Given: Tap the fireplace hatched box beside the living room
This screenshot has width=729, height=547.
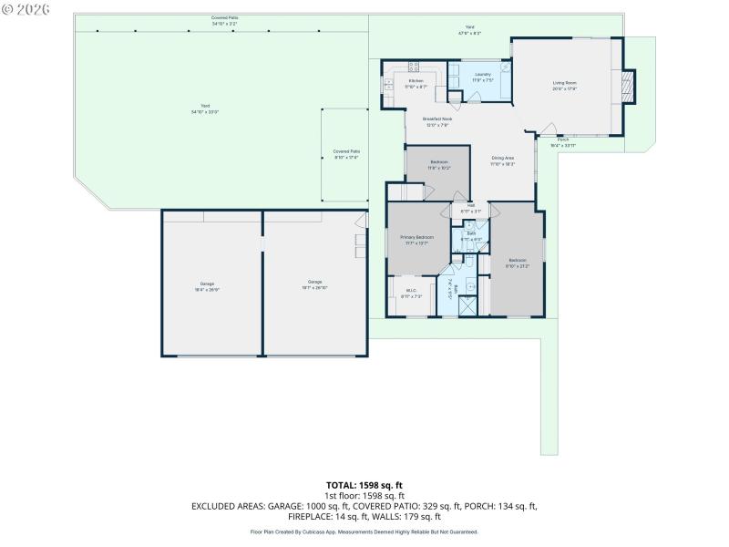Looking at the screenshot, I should [x=626, y=88].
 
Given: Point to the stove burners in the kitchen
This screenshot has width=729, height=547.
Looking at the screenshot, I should [x=413, y=66].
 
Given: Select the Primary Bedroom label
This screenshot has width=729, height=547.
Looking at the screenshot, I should [x=417, y=239].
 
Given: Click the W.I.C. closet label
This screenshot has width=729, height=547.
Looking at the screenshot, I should [x=410, y=294].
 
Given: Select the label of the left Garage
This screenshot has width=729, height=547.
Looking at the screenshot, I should [x=207, y=284].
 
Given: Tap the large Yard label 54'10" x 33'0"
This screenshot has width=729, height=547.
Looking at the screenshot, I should [x=204, y=109].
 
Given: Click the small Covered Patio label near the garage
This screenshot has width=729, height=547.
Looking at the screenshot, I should [x=345, y=154].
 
